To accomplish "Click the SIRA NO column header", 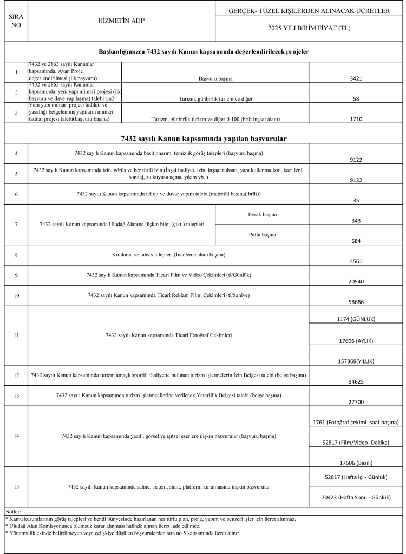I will point(16,21).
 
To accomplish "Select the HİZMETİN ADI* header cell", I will point(121,21).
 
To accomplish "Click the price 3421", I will point(356,79).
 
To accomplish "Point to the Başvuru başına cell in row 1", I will point(215,79).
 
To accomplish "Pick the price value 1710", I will point(356,118).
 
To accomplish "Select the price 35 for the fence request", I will point(356,200).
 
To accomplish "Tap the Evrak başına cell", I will point(262,215).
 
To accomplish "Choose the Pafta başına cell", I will point(262,235).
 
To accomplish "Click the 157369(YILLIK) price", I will point(356,361).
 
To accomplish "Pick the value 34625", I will point(356,381).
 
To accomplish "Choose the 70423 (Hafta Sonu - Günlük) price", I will point(356,497).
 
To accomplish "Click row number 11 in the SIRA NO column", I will point(16,335).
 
